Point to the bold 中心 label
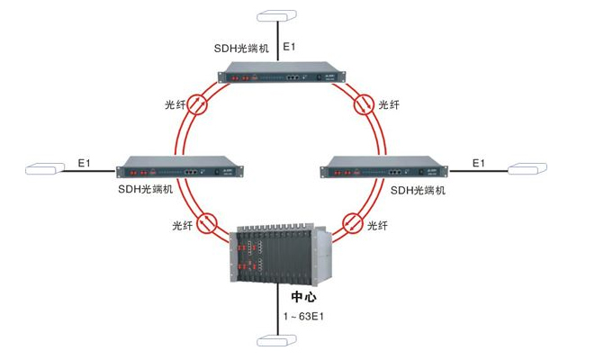[303, 296]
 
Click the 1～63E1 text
[303, 316]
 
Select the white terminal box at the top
[276, 16]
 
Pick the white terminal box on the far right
[527, 167]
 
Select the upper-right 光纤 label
[389, 105]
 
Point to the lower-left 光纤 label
[183, 222]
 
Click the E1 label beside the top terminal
[289, 45]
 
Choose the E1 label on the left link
[85, 162]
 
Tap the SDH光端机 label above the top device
[243, 47]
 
